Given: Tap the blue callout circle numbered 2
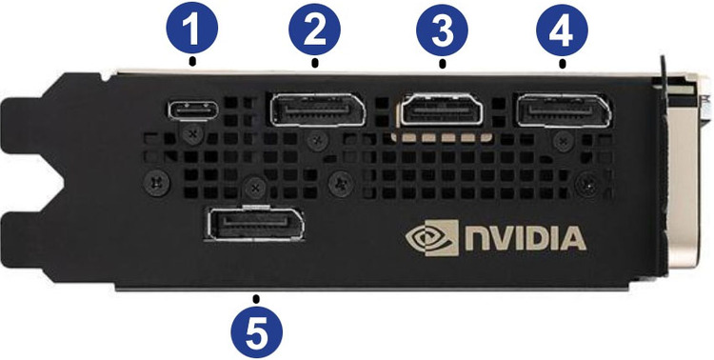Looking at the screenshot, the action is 315,30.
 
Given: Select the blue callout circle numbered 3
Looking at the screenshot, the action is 442,30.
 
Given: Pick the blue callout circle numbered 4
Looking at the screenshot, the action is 562,30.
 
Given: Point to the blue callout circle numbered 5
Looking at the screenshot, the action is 256,331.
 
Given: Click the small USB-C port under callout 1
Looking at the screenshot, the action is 192,110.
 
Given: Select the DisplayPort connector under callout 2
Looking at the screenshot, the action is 318,110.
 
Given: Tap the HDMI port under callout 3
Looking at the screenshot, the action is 442,110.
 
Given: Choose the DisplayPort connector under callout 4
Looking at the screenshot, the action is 563,110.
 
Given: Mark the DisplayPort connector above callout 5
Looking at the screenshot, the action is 255,223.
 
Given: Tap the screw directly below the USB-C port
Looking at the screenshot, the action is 194,135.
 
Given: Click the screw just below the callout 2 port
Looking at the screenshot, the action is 316,140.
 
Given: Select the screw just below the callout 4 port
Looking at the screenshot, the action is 564,141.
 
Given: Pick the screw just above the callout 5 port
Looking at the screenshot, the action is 255,187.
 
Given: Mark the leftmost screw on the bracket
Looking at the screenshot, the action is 157,183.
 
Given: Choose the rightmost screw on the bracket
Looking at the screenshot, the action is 587,185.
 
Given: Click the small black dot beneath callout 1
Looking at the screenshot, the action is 193,60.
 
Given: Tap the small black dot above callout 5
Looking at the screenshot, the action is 256,299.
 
